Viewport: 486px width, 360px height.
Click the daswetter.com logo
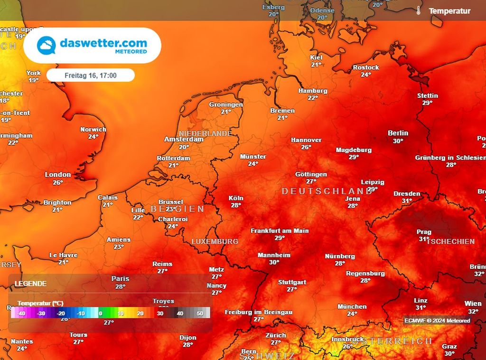click(92, 46)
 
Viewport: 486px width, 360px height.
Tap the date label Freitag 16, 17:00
click(90, 75)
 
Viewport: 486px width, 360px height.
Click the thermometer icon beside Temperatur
click(419, 10)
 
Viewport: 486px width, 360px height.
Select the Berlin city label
click(398, 133)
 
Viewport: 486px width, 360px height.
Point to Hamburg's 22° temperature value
click(313, 98)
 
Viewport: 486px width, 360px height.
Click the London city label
click(58, 175)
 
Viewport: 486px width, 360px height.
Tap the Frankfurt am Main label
click(280, 231)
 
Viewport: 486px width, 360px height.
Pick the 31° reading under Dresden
click(407, 201)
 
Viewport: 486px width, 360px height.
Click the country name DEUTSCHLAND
click(327, 191)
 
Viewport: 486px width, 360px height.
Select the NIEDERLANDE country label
click(205, 133)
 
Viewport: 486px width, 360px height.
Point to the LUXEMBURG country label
click(215, 241)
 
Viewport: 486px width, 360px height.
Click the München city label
click(352, 306)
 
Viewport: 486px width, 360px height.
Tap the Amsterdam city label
click(184, 139)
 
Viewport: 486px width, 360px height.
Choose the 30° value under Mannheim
click(274, 262)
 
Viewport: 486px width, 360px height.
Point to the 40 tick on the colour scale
click(180, 313)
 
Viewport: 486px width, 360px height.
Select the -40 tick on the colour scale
click(21, 313)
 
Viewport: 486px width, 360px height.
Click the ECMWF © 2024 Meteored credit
click(437, 321)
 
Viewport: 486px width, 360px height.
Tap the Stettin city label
click(428, 95)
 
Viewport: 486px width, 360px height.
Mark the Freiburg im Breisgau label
click(259, 312)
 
